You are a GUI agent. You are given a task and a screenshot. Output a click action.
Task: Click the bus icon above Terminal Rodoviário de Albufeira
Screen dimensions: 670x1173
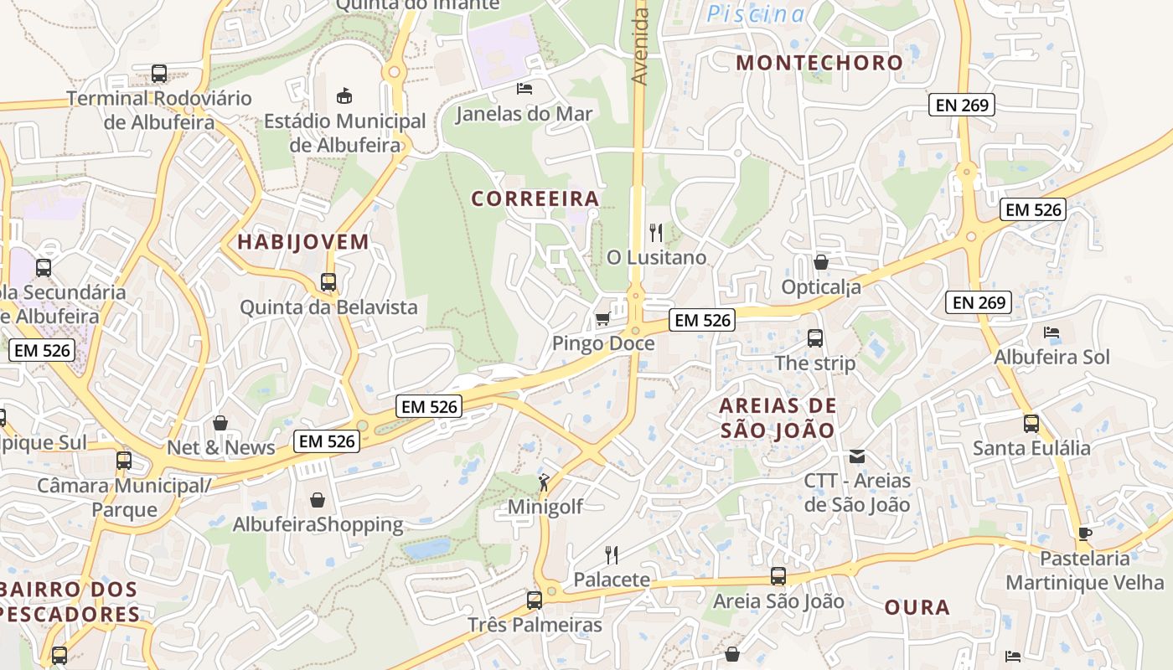click(x=159, y=74)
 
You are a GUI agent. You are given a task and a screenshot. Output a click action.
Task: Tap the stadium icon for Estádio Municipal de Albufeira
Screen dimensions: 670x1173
click(x=344, y=95)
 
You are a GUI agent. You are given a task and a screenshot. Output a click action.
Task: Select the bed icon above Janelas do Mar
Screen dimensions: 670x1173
click(x=524, y=88)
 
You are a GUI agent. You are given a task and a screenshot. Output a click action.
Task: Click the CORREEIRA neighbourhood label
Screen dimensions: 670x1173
click(x=535, y=198)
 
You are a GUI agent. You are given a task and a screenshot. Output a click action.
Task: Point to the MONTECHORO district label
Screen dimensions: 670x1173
click(x=819, y=62)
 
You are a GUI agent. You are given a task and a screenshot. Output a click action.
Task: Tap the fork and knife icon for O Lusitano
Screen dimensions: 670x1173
click(x=656, y=232)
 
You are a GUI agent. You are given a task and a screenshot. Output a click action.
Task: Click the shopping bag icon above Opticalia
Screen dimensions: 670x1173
click(x=821, y=262)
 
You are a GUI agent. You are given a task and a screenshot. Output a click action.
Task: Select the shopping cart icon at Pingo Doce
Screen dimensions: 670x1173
click(x=602, y=319)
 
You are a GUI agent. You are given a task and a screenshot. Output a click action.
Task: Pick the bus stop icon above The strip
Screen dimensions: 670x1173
click(x=815, y=338)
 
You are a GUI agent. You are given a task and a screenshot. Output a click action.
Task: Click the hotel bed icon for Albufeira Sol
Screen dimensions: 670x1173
click(x=1052, y=332)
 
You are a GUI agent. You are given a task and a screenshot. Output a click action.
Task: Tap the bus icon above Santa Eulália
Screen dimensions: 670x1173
click(x=1031, y=424)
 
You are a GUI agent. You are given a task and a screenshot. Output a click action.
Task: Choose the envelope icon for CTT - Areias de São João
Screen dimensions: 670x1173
click(x=857, y=456)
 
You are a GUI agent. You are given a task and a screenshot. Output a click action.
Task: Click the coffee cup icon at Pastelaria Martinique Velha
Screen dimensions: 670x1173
click(x=1085, y=533)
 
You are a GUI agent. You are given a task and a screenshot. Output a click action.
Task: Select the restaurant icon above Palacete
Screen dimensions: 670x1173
click(x=612, y=554)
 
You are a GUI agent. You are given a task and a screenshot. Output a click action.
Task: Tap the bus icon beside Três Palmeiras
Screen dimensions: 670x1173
click(x=535, y=600)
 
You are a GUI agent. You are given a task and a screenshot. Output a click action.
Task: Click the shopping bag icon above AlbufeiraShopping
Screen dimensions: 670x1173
click(x=318, y=500)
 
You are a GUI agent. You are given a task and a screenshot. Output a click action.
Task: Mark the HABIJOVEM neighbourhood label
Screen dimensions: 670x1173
click(x=302, y=242)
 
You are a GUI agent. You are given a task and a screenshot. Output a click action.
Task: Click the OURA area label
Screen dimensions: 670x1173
click(x=917, y=607)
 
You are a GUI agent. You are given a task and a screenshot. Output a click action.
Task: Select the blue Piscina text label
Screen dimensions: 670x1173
click(x=756, y=13)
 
